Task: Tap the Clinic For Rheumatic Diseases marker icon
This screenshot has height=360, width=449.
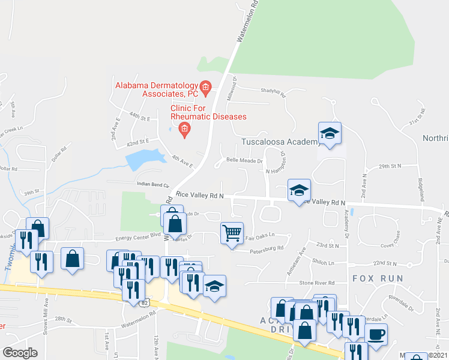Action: pos(184,128)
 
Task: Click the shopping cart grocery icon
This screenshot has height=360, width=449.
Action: pos(232,231)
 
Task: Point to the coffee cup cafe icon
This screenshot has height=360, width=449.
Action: pos(376,334)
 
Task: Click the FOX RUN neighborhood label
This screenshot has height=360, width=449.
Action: pos(375,278)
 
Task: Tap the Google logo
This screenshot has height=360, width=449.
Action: pos(20,353)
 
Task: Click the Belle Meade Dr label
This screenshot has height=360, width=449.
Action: pos(244,161)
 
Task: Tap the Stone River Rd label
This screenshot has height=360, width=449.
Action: pos(316,283)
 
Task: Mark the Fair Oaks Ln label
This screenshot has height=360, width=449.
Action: pos(259,236)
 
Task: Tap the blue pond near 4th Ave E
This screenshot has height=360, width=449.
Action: pos(144,160)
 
